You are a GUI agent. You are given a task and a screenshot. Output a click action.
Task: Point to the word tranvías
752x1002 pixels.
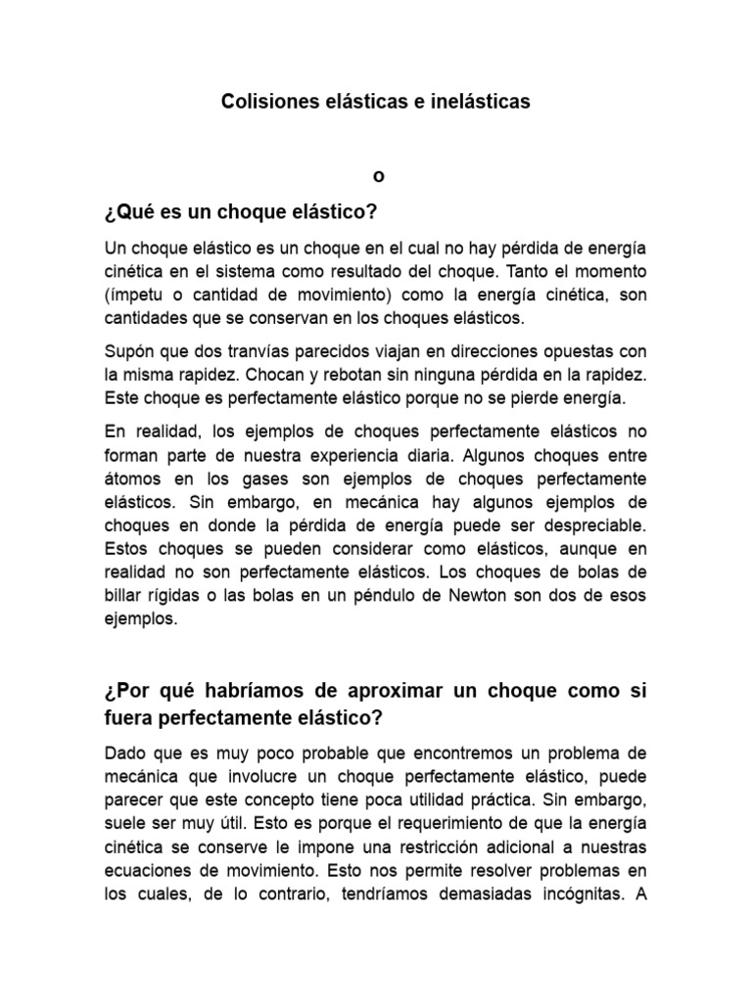click(258, 351)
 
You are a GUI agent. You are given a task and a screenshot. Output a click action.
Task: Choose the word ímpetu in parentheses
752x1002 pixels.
click(139, 296)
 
